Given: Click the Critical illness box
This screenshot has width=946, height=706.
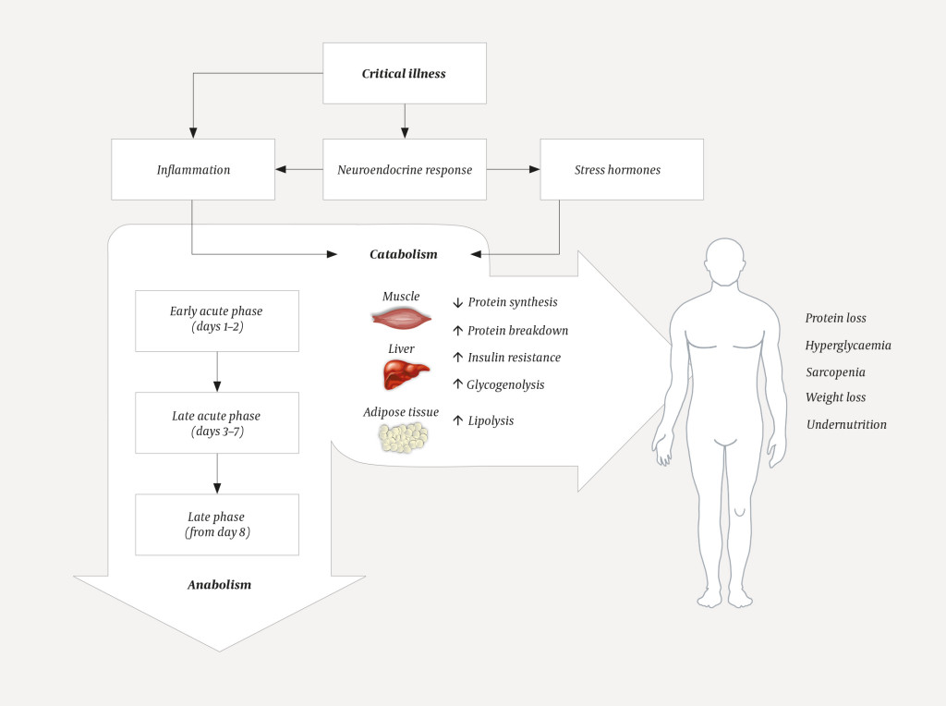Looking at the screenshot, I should click(x=404, y=73).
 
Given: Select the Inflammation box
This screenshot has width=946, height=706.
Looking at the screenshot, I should click(x=193, y=169).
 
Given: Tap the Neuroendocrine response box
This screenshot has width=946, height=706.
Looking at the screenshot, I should click(x=404, y=169).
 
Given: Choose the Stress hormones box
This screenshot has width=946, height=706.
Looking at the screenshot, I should click(x=621, y=169).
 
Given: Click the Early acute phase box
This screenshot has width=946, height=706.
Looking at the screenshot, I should click(x=216, y=321).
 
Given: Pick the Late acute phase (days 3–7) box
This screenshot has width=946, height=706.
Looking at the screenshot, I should click(x=216, y=422).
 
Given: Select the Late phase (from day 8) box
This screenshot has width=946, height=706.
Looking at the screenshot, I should click(x=216, y=524).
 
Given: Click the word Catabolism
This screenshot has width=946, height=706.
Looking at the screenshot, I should click(x=404, y=253).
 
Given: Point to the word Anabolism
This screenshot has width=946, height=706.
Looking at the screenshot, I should click(x=219, y=584).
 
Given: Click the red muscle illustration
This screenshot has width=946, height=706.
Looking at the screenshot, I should click(x=401, y=319).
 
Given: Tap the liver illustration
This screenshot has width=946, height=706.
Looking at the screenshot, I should click(x=406, y=374).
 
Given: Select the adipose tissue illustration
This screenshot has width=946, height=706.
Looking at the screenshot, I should click(x=403, y=437).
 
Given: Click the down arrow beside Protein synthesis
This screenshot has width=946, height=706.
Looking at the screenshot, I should click(x=457, y=302).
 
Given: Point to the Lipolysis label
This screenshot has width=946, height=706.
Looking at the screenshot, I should click(x=491, y=420).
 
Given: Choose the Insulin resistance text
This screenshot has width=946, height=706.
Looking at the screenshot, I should click(x=514, y=358).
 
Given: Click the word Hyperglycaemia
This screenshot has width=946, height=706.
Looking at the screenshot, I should click(x=847, y=346).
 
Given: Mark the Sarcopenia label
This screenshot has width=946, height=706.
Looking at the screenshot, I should click(x=835, y=371).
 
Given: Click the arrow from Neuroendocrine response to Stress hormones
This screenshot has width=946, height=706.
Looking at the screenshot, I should click(x=513, y=169).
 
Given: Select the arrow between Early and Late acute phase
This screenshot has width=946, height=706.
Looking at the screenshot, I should click(x=216, y=371).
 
